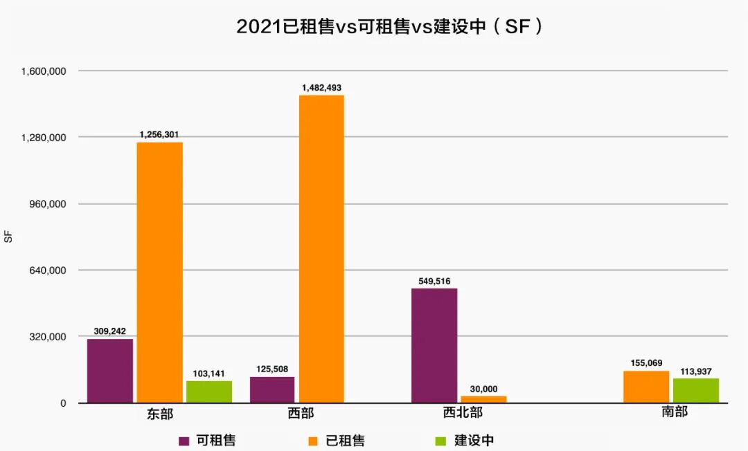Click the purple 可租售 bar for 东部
110,371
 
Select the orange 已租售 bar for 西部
321,249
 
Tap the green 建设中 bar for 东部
209,392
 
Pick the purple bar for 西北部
434,345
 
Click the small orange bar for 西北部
483,399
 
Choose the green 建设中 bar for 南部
696,390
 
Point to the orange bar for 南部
646,387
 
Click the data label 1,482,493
321,88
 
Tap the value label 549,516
434,281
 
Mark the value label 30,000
483,389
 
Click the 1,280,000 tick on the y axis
44,138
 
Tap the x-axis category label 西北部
463,414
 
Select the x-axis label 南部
675,412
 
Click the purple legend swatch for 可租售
184,441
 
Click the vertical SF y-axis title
9,237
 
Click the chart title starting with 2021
388,27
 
